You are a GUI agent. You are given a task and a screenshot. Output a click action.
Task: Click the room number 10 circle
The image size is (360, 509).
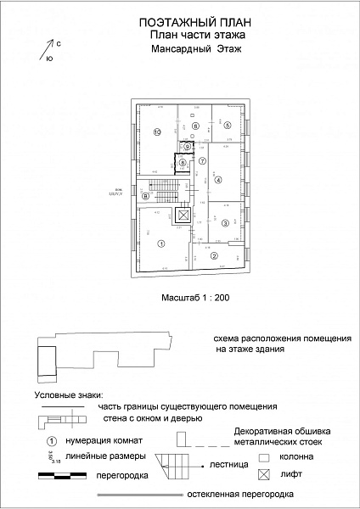(x=157, y=131)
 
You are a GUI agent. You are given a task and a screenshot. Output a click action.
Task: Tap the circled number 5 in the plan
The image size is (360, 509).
(x=228, y=126)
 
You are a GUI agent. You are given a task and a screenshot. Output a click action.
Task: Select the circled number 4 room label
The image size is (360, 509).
(x=218, y=180)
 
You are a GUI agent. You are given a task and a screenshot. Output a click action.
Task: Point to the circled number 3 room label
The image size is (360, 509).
(x=225, y=222)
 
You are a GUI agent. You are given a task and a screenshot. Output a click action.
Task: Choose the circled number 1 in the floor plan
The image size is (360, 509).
(x=160, y=243)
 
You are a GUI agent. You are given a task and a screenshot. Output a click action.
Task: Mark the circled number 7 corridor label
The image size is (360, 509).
(x=202, y=159)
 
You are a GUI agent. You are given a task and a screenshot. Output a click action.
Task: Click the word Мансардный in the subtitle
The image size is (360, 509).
(x=164, y=51)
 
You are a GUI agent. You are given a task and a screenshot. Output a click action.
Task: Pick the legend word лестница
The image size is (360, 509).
(x=229, y=466)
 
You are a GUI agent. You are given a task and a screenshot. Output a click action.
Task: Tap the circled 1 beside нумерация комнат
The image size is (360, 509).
(x=51, y=441)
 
